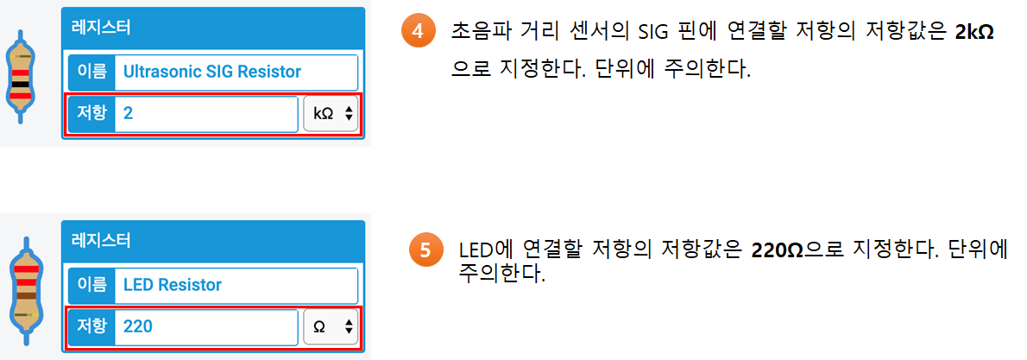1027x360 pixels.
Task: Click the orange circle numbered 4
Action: pyautogui.click(x=418, y=33)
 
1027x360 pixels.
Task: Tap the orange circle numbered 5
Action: pyautogui.click(x=425, y=251)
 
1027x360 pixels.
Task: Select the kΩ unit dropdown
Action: pyautogui.click(x=331, y=113)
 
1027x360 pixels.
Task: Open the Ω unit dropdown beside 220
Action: pyautogui.click(x=331, y=326)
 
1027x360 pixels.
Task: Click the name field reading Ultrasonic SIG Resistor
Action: pyautogui.click(x=236, y=72)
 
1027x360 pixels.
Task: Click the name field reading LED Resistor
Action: pyautogui.click(x=236, y=285)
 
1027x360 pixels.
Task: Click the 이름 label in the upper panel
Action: pyautogui.click(x=91, y=72)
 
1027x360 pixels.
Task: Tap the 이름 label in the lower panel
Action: pyautogui.click(x=91, y=285)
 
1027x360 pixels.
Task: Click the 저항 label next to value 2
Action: pyautogui.click(x=91, y=113)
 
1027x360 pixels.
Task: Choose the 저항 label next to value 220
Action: pyautogui.click(x=91, y=326)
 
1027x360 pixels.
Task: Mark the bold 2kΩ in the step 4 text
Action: pyautogui.click(x=974, y=34)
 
